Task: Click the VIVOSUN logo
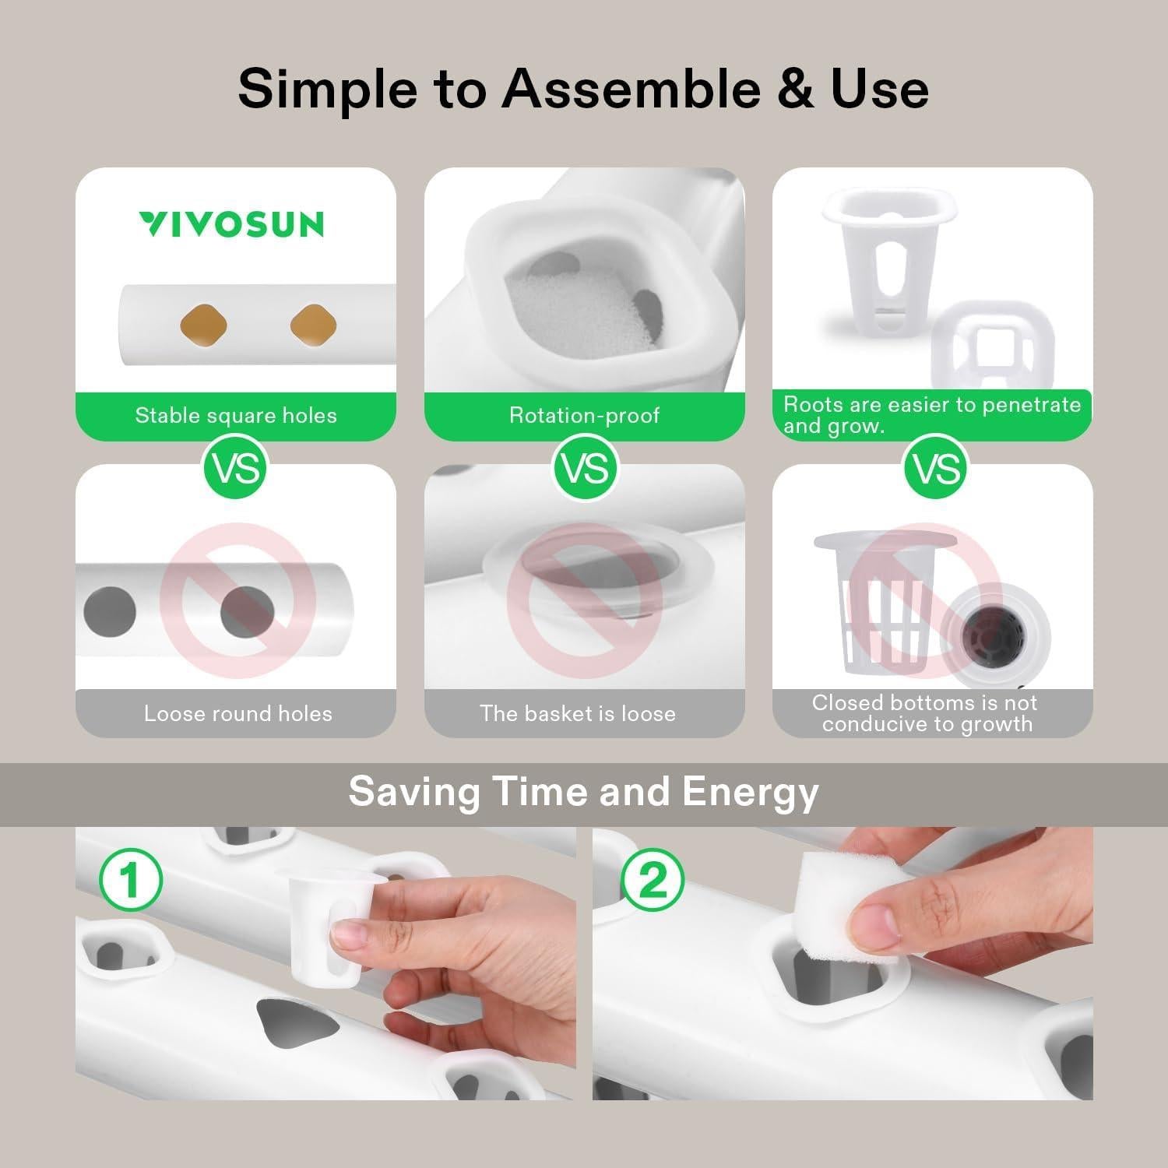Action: (232, 224)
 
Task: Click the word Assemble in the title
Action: (631, 89)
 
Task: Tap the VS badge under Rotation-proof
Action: (585, 469)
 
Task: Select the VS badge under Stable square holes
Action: (235, 469)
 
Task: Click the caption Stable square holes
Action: (236, 415)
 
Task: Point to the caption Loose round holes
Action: (237, 713)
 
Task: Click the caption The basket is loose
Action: (577, 713)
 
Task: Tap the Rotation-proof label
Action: (584, 415)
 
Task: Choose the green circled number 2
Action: (653, 881)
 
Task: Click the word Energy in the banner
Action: (750, 792)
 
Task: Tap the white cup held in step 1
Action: (327, 927)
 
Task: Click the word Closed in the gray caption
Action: (847, 702)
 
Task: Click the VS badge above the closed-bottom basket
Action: (935, 469)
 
